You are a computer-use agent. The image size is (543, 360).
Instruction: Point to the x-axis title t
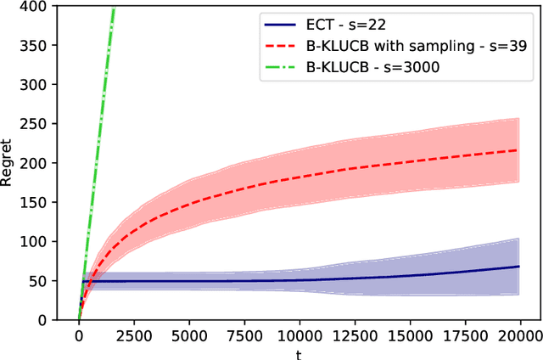[299, 351]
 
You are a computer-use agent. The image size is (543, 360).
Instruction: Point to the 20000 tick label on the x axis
[518, 335]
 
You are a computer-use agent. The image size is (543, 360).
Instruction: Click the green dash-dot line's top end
[114, 7]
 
